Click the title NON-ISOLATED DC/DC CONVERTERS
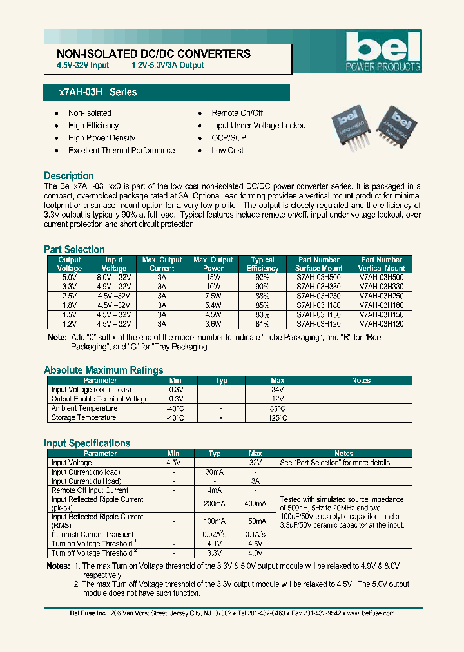[154, 54]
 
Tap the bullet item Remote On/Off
[237, 113]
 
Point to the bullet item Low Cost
[227, 150]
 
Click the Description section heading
[69, 176]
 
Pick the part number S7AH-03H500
[319, 277]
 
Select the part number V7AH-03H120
[382, 325]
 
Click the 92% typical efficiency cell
[262, 277]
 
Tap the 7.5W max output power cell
[213, 296]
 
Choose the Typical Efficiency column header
[262, 264]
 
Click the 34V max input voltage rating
[277, 390]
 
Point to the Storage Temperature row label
[84, 417]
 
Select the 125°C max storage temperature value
[277, 417]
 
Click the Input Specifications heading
[87, 443]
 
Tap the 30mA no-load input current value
[215, 472]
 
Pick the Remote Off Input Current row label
[90, 490]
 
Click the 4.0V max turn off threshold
[255, 553]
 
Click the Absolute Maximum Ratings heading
[103, 370]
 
